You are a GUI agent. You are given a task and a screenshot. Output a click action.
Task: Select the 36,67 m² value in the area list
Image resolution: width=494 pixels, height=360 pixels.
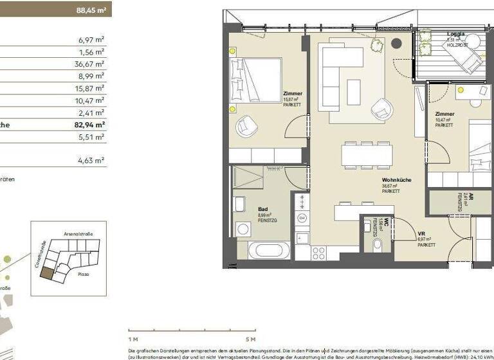tap(89, 64)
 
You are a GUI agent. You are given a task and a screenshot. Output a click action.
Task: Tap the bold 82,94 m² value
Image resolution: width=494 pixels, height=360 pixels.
tap(89, 125)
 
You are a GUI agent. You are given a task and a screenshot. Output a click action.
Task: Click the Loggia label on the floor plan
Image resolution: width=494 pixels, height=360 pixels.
tap(457, 34)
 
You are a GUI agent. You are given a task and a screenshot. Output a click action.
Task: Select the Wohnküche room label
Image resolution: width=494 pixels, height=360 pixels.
tap(396, 180)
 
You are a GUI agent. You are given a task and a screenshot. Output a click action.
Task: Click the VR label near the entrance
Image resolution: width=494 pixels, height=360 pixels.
tap(422, 235)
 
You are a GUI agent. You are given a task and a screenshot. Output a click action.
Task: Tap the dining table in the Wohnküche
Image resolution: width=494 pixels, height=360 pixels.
tap(367, 154)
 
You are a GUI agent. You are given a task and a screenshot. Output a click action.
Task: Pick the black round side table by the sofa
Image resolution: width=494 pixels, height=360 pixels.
tap(396, 44)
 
